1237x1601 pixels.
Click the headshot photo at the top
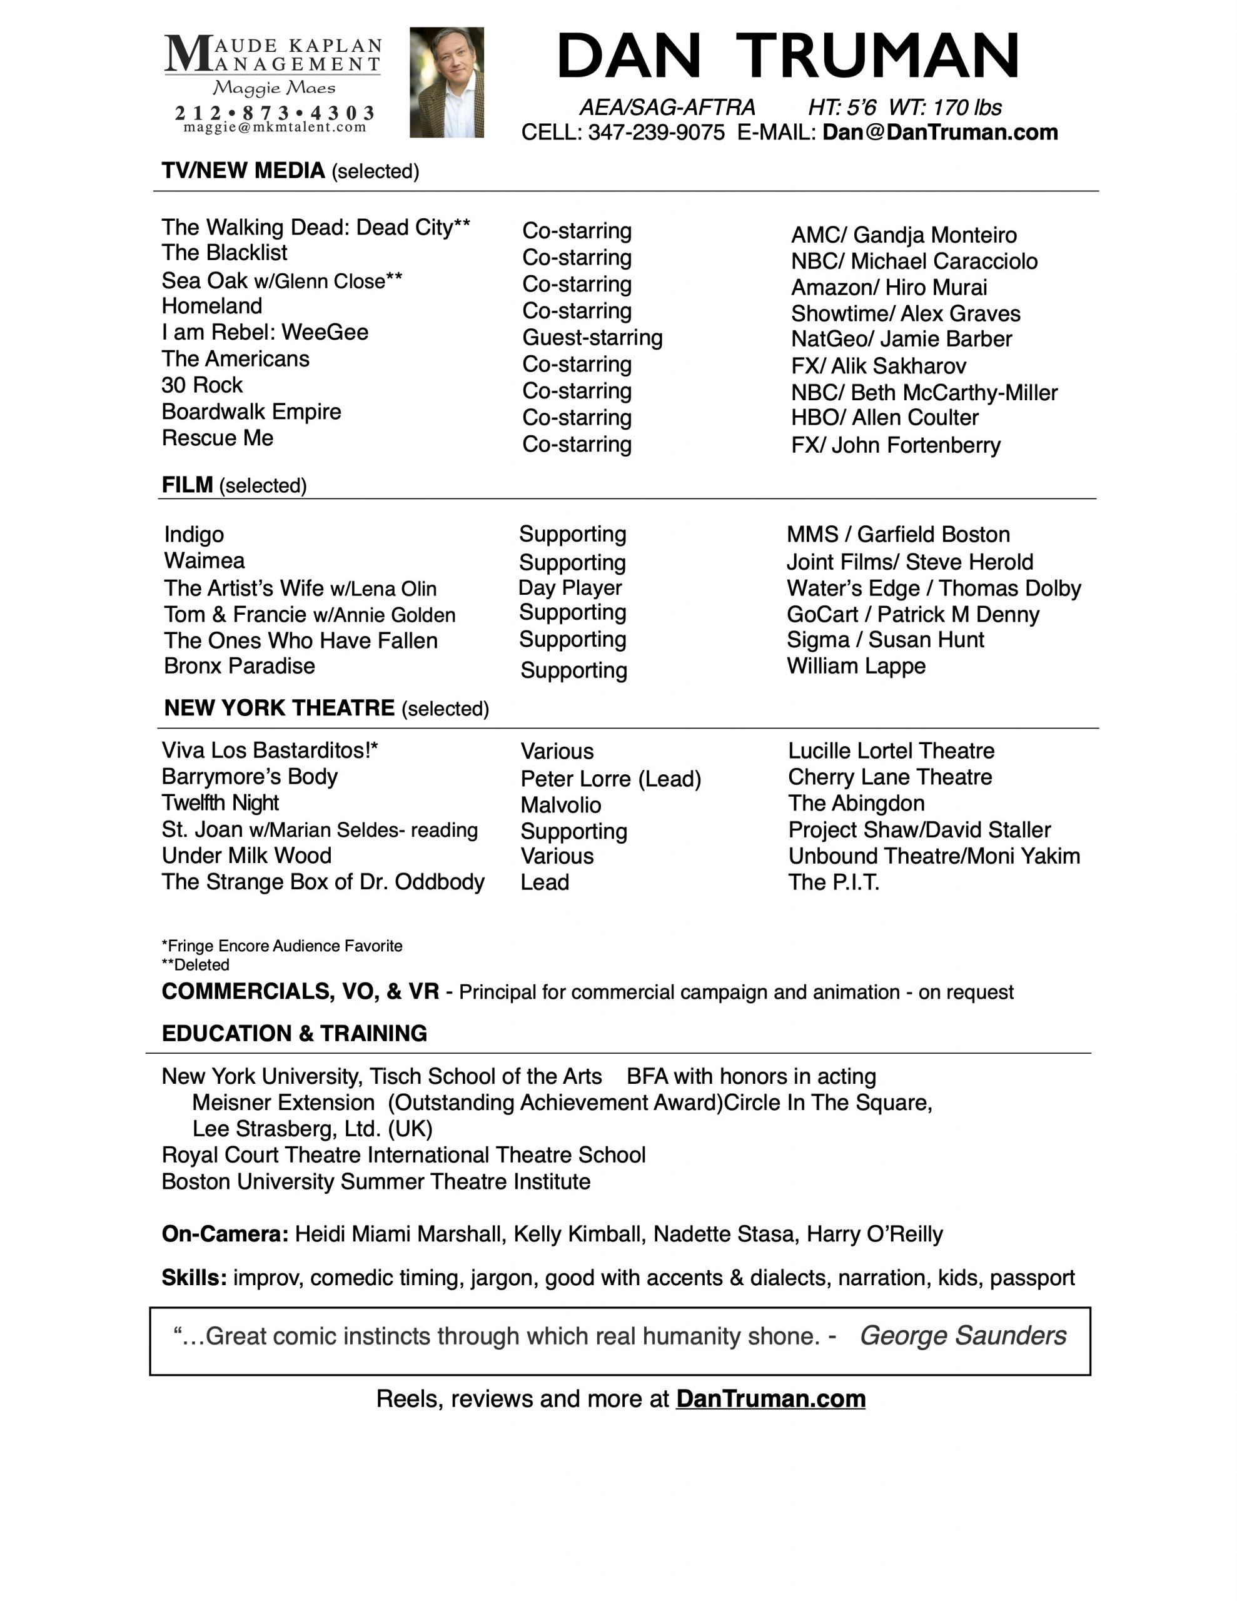447,82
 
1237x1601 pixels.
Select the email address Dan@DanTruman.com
940,133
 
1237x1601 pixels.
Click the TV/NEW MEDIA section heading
243,171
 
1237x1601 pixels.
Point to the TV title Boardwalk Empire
251,412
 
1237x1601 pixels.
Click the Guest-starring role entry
592,338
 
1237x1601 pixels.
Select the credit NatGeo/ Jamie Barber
901,340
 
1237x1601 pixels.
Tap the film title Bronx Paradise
240,666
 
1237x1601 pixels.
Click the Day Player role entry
570,588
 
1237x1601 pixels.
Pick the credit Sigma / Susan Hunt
885,640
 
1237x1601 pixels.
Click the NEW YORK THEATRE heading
280,708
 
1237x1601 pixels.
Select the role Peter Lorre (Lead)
611,779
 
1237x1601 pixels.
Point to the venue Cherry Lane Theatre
889,777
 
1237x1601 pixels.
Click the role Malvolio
560,805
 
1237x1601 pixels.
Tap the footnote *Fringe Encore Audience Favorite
281,946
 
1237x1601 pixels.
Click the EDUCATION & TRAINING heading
294,1034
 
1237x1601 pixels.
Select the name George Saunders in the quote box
962,1336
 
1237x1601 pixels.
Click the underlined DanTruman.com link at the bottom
770,1398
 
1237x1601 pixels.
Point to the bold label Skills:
194,1278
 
